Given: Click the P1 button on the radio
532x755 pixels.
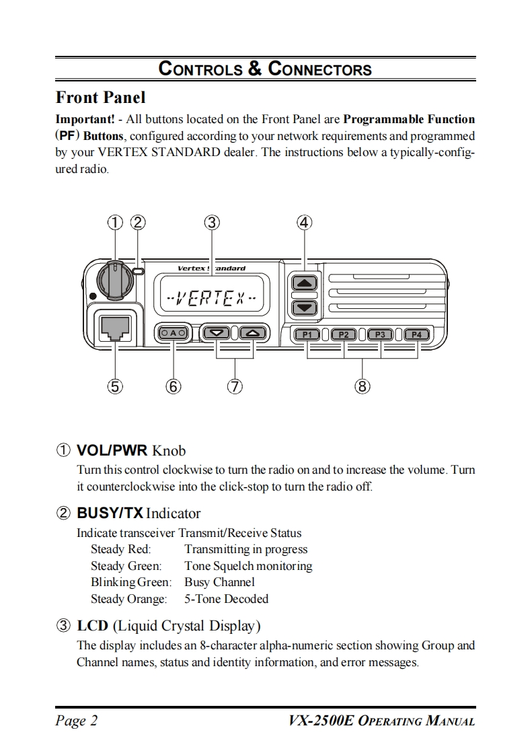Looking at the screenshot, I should pos(307,334).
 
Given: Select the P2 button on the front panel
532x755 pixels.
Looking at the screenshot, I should pos(344,334).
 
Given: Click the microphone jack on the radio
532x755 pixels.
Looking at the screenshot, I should pos(114,328).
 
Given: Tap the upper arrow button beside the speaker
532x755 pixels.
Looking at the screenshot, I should pos(305,283).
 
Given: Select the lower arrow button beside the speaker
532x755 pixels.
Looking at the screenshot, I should pos(305,308).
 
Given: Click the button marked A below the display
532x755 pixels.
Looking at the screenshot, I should pos(174,332).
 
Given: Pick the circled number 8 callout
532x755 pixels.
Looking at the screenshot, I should pos(362,386).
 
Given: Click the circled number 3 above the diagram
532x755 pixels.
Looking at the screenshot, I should pos(212,222).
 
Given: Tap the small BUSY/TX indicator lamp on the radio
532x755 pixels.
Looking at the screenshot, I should pos(139,271).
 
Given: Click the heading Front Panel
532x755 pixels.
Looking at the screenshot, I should pos(100,98).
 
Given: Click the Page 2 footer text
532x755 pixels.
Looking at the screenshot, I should pos(77,721).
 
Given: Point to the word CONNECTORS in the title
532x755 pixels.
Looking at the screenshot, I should pos(319,69).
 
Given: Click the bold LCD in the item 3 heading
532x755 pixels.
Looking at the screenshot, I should pos(93,626).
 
